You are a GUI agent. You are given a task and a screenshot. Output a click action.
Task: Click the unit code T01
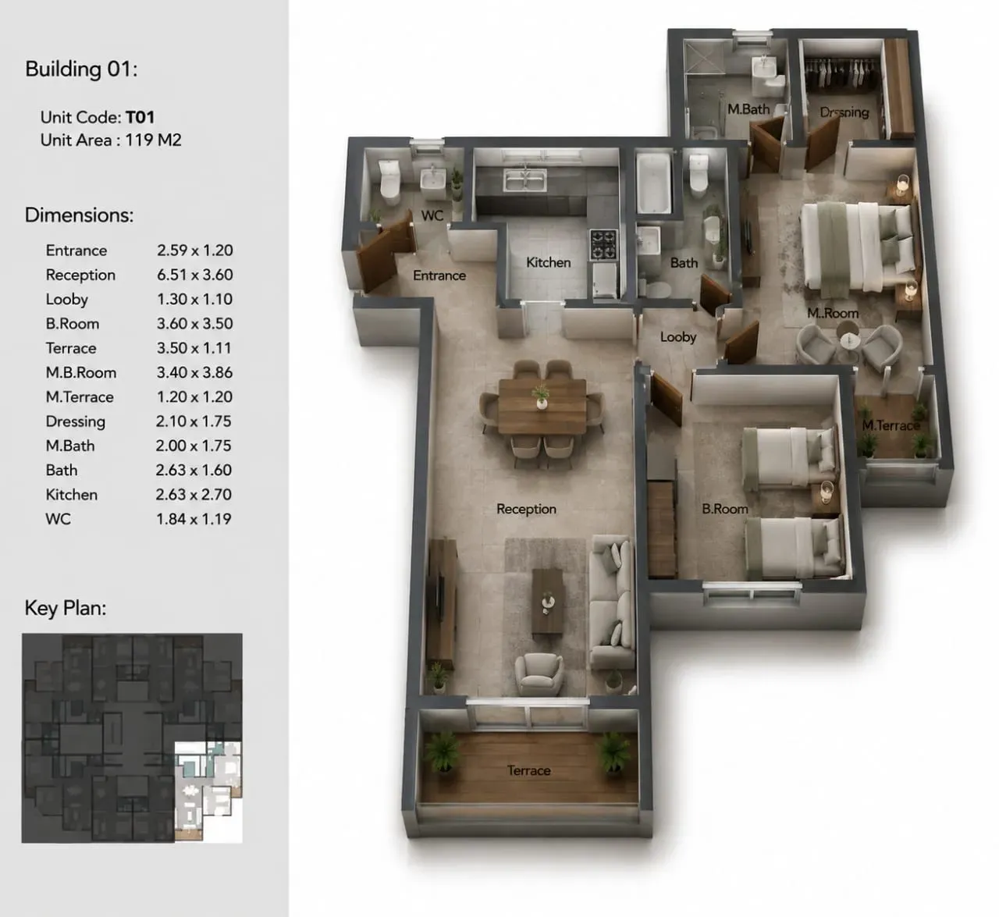click(x=140, y=117)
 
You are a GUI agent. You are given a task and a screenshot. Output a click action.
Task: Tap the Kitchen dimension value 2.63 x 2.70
click(x=194, y=494)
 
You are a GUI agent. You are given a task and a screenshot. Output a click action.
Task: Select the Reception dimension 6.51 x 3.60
click(x=194, y=275)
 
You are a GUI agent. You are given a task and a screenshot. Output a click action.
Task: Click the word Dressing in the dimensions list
click(x=75, y=421)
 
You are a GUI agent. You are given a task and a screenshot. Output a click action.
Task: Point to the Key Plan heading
click(x=66, y=608)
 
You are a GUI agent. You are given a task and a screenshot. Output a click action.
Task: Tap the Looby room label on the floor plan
click(x=678, y=337)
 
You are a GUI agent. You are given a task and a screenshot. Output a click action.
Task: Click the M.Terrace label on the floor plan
click(x=891, y=425)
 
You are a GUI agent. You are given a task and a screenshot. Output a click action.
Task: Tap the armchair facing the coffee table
click(x=539, y=674)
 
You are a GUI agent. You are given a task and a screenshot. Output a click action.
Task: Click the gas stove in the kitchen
click(x=603, y=244)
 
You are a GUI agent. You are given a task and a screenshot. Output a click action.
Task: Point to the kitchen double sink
click(x=525, y=179)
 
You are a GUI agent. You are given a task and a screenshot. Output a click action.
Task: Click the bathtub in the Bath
click(x=654, y=183)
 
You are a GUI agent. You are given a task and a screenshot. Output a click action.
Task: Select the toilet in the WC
click(x=390, y=181)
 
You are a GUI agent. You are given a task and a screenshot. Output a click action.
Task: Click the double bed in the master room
click(x=858, y=247)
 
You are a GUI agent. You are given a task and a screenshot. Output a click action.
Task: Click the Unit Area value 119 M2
click(x=153, y=140)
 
